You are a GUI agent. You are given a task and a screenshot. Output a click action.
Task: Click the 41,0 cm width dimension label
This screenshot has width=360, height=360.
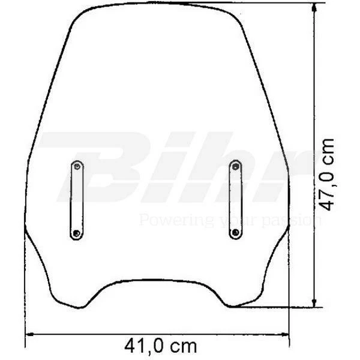pos(160,346)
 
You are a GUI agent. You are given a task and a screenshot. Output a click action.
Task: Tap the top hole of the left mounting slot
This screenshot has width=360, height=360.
pos(77,165)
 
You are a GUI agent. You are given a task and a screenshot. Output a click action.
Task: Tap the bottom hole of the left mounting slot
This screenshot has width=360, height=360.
pos(77,233)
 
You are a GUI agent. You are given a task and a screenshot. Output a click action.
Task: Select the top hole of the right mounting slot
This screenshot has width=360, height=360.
pos(235,165)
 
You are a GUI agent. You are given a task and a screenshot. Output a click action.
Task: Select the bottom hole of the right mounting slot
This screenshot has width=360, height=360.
pos(235,232)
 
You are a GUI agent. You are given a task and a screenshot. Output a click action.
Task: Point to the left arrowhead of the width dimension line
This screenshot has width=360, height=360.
pos(29,335)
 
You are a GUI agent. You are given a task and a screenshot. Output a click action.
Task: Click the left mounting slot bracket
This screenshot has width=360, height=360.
pos(77,200)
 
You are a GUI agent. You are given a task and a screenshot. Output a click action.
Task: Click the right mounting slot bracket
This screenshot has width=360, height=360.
pos(235,199)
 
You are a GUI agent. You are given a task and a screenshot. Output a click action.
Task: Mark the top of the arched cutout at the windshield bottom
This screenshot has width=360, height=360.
pos(154,280)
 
